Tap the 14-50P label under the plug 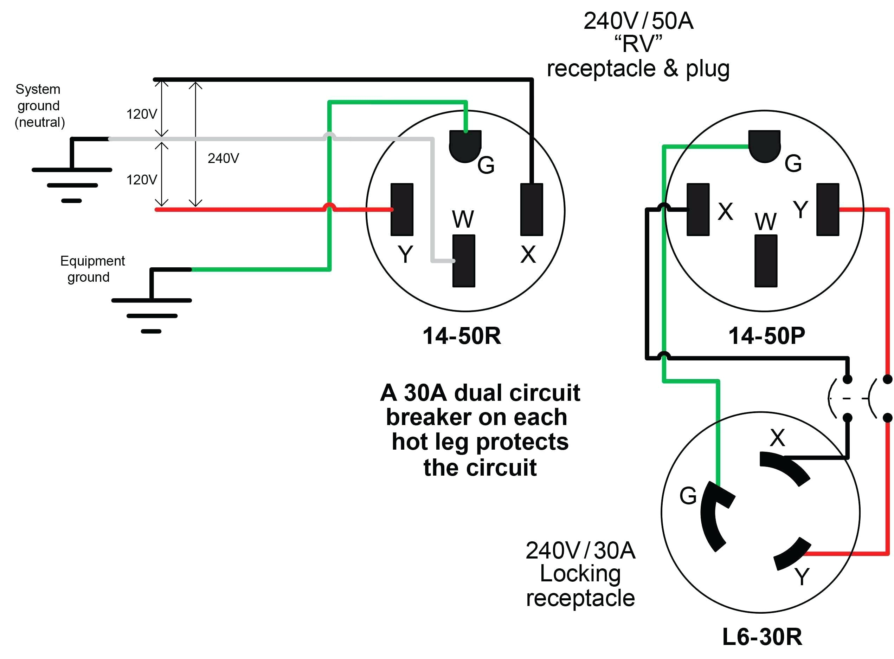click(x=766, y=336)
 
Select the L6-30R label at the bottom click(x=762, y=637)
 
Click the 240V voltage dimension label click(x=223, y=158)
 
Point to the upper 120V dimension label click(x=142, y=114)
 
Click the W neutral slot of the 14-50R click(x=463, y=261)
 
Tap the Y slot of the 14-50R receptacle click(x=401, y=209)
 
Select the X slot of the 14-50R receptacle click(x=531, y=209)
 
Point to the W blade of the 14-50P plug click(x=765, y=261)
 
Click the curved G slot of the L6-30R click(x=715, y=517)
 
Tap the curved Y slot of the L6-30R click(x=792, y=554)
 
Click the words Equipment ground click(x=92, y=269)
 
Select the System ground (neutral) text click(x=39, y=106)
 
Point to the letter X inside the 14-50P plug click(x=725, y=211)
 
